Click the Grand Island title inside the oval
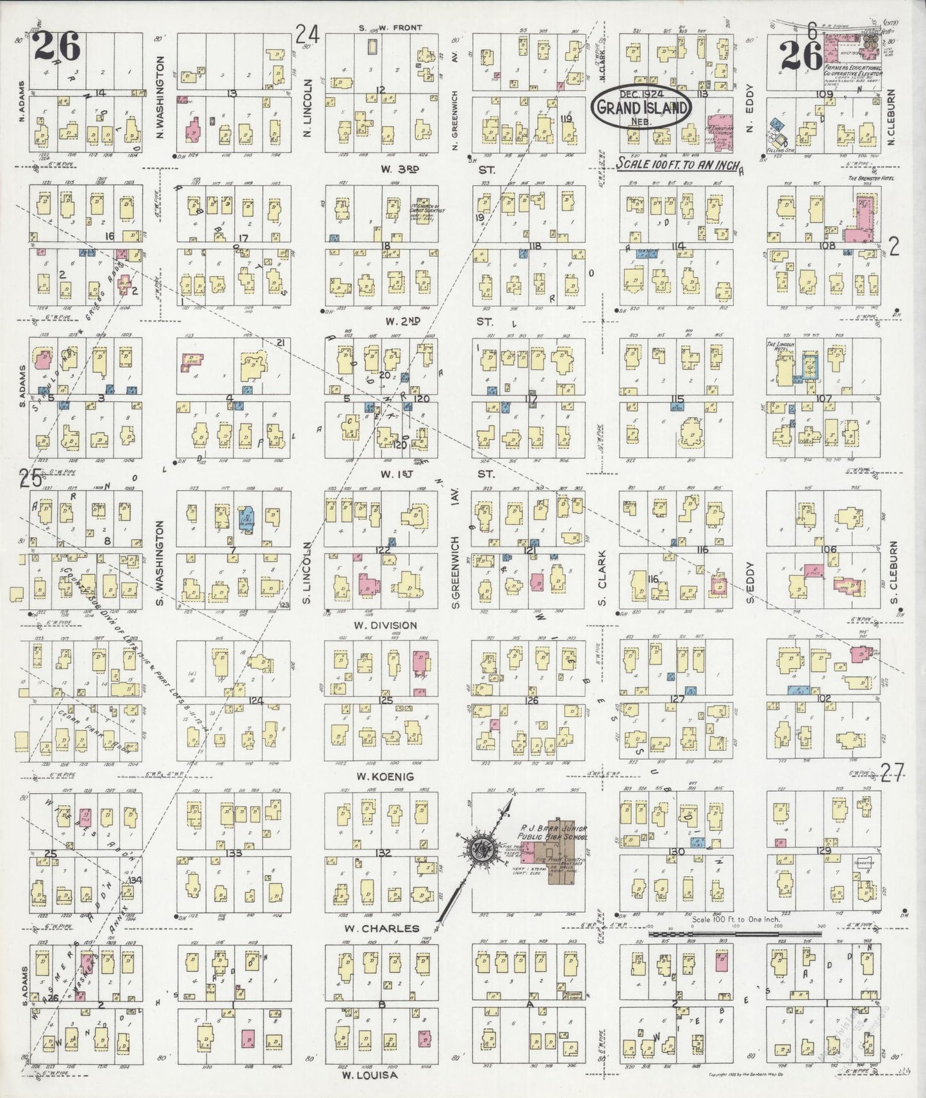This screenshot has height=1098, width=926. click(x=643, y=107)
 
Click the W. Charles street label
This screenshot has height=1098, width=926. click(x=382, y=928)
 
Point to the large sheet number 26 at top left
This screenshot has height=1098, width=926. click(x=57, y=46)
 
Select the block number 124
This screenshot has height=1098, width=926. click(x=256, y=700)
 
